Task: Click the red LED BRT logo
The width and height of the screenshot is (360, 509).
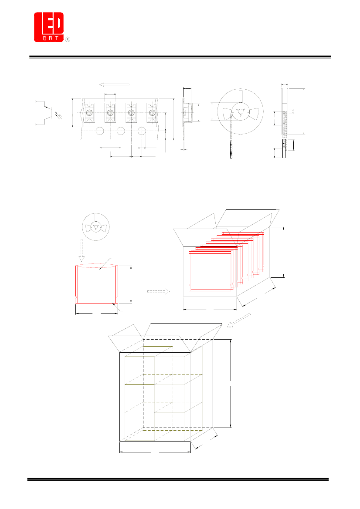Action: pos(49,27)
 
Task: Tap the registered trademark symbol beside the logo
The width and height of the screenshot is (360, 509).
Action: pos(68,39)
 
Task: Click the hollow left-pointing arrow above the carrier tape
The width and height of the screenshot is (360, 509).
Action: pos(114,85)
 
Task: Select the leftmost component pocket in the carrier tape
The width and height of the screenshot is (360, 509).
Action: pos(89,113)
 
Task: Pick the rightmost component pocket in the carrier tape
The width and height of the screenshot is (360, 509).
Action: pos(152,113)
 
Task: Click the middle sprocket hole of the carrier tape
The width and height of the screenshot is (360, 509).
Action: pos(121,131)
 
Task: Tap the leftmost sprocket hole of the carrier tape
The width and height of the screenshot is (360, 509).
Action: pos(100,131)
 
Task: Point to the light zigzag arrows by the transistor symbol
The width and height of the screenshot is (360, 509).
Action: pos(59,115)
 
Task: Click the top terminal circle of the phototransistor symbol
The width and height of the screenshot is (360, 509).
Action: pos(36,101)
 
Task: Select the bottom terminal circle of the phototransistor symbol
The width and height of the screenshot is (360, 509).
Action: pos(36,125)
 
